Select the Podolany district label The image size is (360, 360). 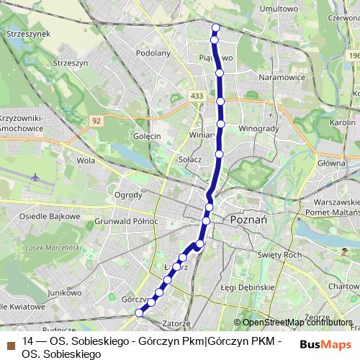152,53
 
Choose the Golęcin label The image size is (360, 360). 145,135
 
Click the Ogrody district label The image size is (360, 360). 128,195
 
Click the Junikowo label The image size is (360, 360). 63,293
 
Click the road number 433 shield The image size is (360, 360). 197,95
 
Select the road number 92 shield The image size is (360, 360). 96,121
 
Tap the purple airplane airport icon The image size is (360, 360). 35,177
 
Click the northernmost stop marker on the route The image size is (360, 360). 215,28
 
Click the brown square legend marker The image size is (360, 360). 10,342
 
